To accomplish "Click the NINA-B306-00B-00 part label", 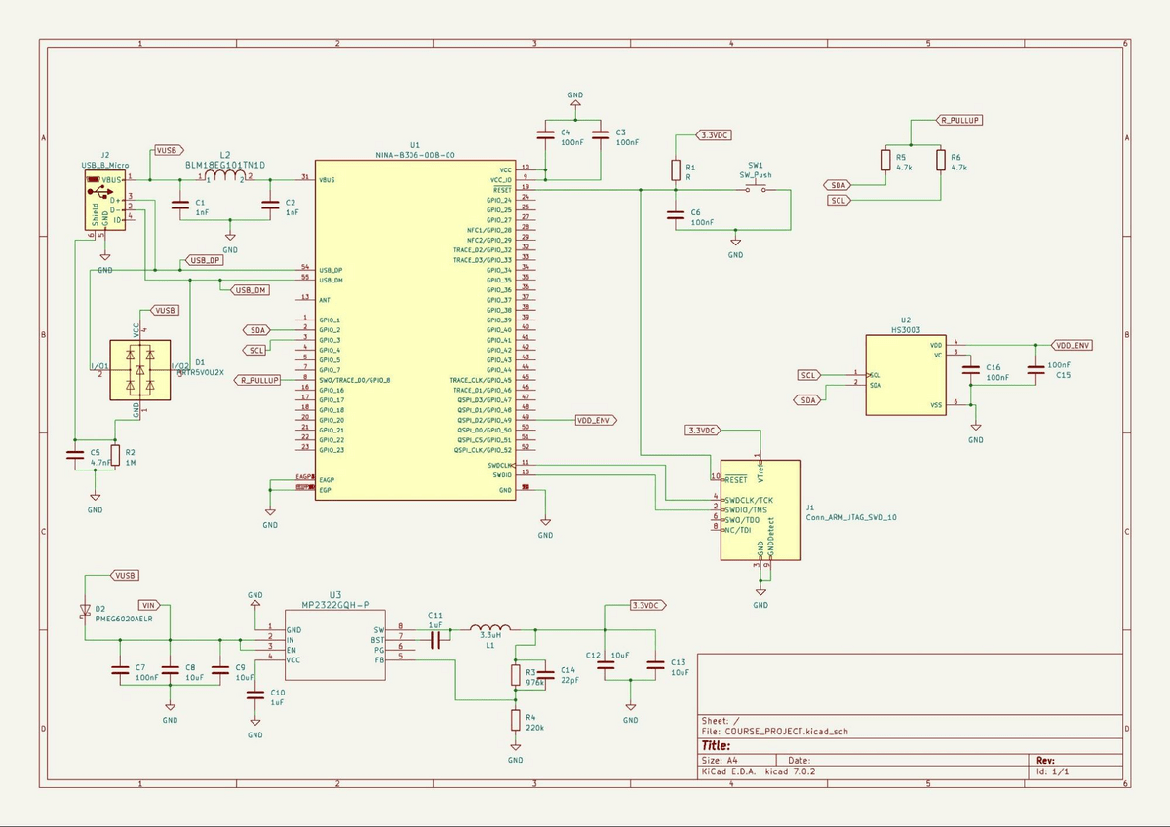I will coord(415,155).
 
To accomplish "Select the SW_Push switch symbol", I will coord(757,190).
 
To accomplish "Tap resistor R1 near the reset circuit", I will coord(675,170).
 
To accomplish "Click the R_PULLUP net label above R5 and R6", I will coord(959,120).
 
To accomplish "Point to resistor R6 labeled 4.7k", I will coord(941,161).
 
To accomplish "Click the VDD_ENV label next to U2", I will coord(1073,345).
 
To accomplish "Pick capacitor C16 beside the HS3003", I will coord(970,371).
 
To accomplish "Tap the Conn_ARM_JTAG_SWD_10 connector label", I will coord(851,518).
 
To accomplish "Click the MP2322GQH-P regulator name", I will coord(334,604).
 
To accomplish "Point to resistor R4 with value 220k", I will coord(515,721).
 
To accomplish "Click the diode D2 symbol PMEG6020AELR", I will coord(86,612).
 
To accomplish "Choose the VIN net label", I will coord(148,604).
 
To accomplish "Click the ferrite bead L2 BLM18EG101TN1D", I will coord(225,177).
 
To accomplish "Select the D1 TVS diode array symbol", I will coord(140,370).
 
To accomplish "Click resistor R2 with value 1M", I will coord(116,456).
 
